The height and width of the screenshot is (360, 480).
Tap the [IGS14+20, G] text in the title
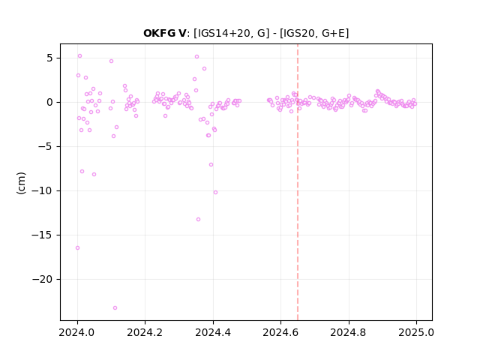pos(232,33)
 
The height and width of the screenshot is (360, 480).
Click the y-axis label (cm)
pos(21,183)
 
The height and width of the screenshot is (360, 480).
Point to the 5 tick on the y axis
pos(50,58)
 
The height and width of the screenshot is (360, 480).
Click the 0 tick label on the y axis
pos(50,102)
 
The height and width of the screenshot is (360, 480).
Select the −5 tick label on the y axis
pos(45,147)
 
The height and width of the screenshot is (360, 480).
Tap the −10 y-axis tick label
pos(43,191)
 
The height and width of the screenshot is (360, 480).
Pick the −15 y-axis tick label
pos(43,235)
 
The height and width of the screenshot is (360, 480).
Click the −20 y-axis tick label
pos(43,280)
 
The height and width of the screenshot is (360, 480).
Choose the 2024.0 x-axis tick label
pos(77,332)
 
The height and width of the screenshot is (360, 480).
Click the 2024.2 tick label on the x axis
pos(145,332)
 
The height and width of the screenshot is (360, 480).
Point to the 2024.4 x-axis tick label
pos(213,332)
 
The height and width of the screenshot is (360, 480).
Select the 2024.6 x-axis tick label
pos(280,332)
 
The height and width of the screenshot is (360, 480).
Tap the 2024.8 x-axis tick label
pos(348,332)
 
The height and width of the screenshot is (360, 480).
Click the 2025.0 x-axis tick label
pos(416,332)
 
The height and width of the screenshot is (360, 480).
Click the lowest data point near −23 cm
pos(115,308)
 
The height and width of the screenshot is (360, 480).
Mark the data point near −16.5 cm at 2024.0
pos(77,248)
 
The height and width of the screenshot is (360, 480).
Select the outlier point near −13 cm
pos(198,220)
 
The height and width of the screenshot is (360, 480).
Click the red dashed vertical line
pos(298,182)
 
